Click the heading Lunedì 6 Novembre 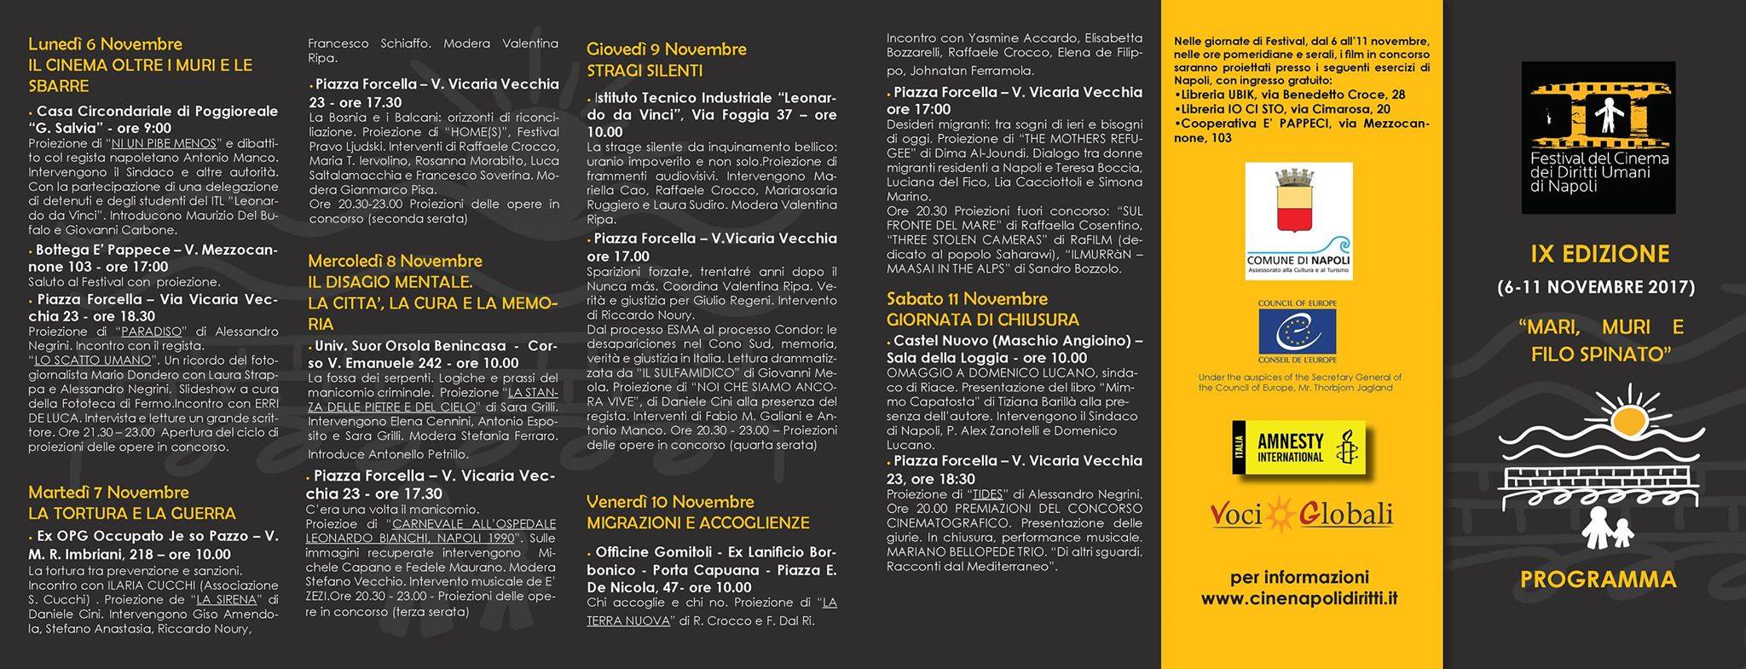click(105, 44)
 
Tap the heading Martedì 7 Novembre click(108, 493)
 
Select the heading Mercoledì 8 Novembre click(395, 262)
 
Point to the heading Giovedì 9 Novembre click(666, 49)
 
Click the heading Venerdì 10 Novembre click(670, 502)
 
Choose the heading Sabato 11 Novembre click(967, 299)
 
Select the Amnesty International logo click(1298, 447)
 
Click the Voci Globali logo click(1301, 515)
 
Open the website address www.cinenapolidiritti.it click(1299, 599)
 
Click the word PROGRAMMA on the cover click(1598, 580)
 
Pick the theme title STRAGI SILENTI click(645, 71)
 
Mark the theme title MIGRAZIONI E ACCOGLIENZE click(697, 523)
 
